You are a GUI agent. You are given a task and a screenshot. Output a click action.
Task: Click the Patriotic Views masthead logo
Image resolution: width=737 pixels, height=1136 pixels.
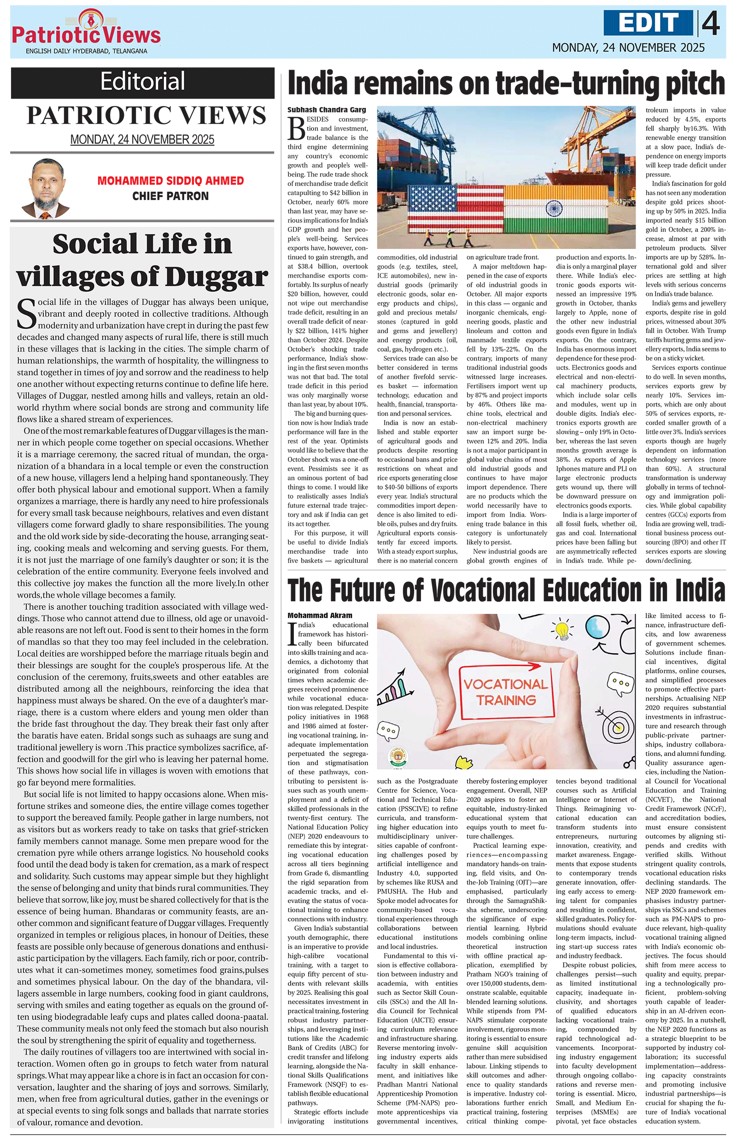click(86, 31)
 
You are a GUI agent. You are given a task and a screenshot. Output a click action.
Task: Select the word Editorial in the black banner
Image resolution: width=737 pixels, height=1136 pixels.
click(143, 82)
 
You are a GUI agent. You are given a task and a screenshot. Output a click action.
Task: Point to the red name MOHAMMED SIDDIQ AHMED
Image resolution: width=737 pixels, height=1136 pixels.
click(170, 181)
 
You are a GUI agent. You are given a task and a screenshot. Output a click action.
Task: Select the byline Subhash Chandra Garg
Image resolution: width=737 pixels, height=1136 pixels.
click(327, 110)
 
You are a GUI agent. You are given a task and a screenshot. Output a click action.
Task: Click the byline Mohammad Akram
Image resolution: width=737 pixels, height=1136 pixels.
click(320, 616)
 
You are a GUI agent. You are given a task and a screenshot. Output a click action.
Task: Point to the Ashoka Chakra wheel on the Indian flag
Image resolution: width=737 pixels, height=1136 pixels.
click(555, 208)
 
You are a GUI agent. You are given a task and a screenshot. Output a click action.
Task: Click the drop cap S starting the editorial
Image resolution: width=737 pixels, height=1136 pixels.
click(26, 314)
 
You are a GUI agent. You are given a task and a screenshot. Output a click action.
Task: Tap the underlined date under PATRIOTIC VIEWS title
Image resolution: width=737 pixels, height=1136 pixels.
click(142, 140)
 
